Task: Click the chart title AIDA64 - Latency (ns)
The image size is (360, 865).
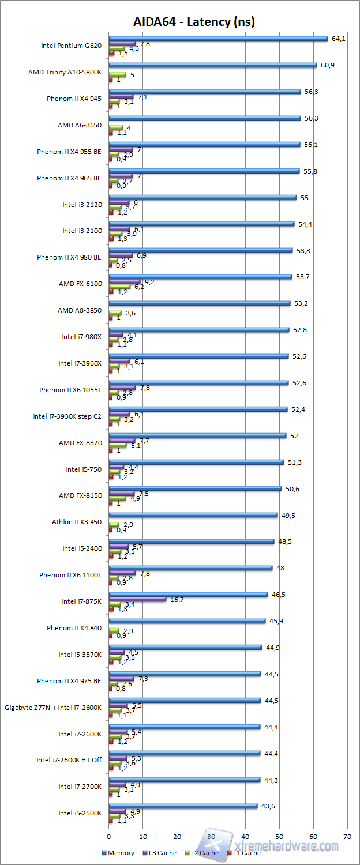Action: [194, 22]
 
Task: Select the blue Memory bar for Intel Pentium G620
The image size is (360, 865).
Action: [218, 39]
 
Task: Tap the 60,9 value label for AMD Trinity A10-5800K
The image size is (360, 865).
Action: [328, 65]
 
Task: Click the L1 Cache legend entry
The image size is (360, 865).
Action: [244, 853]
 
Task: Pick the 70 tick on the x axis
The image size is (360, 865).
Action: [347, 835]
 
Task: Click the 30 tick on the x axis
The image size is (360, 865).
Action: [211, 835]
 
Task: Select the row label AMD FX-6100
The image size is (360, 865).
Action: [80, 284]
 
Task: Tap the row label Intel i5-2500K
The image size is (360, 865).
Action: [80, 813]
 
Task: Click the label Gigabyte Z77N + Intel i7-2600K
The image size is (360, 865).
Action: [53, 708]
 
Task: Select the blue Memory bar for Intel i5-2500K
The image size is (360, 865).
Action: [183, 806]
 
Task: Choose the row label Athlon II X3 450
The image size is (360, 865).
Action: [77, 522]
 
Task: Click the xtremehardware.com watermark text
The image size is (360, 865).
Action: [288, 846]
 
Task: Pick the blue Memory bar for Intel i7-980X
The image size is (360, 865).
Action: [198, 330]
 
